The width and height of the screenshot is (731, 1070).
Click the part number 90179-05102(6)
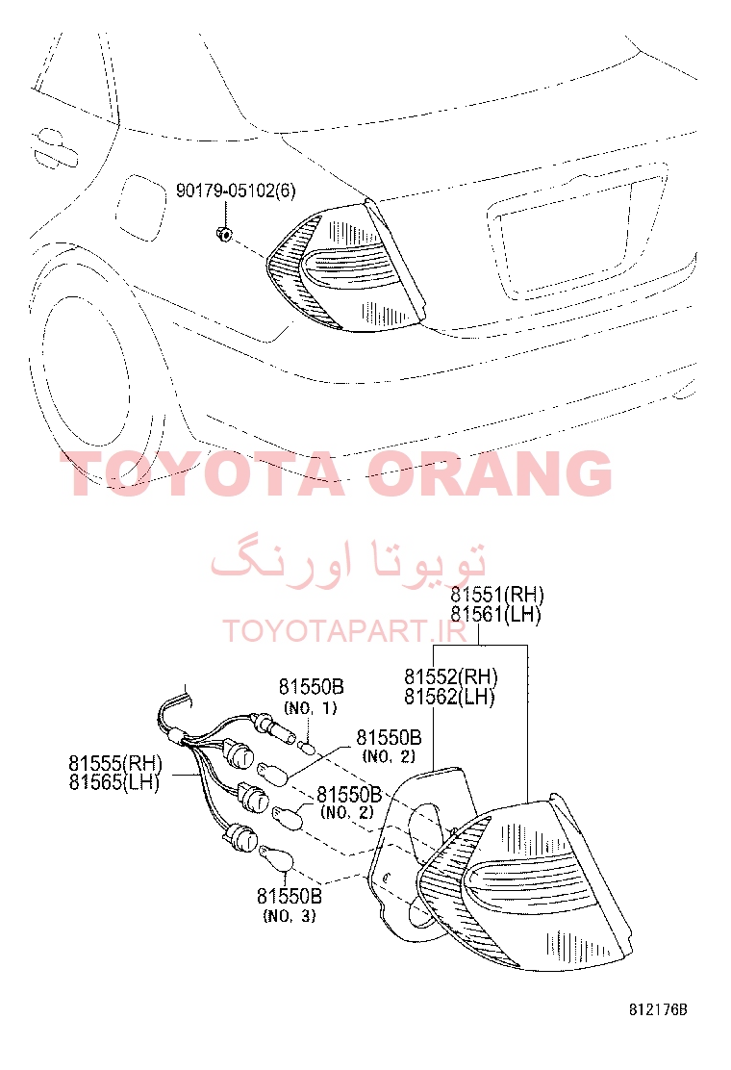(236, 191)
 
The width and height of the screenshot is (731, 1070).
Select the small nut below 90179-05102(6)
(223, 235)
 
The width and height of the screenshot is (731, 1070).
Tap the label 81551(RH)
(497, 595)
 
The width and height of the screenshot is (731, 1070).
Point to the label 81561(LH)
(495, 615)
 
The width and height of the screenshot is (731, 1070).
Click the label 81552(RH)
(451, 677)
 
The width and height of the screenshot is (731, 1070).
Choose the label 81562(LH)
(449, 697)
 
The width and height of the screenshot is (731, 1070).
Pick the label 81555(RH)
(115, 763)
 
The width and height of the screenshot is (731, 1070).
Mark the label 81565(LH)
(113, 782)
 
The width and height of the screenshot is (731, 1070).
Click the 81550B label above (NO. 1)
(311, 686)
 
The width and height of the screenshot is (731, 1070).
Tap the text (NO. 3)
(290, 916)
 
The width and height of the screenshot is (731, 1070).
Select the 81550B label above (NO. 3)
(290, 896)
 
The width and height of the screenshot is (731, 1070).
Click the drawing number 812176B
(658, 1010)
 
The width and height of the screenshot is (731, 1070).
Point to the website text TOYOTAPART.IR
(345, 631)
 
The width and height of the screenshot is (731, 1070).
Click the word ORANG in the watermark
(491, 472)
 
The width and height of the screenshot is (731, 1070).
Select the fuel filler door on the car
(141, 208)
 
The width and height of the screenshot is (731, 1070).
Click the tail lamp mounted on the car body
(346, 267)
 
